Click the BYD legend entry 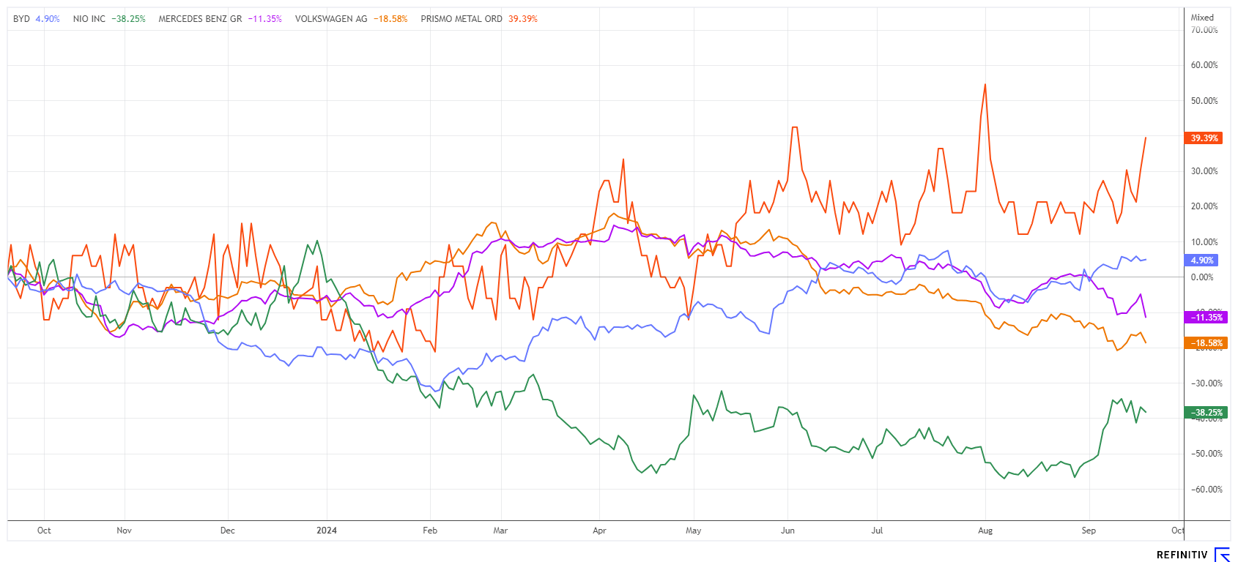coord(36,19)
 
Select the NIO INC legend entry coord(108,19)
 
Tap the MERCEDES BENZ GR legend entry coord(220,19)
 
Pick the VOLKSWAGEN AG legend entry coord(351,19)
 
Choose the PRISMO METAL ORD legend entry coord(478,19)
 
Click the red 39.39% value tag coord(1204,138)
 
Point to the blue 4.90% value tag coord(1201,261)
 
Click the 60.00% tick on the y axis coord(1204,65)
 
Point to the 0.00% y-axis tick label coord(1202,277)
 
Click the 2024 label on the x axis coord(327,531)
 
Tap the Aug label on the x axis coord(985,531)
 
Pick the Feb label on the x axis coord(430,531)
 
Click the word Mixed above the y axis coord(1202,18)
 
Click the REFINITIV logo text coord(1182,555)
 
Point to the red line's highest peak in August coord(985,85)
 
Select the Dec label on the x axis coord(228,531)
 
